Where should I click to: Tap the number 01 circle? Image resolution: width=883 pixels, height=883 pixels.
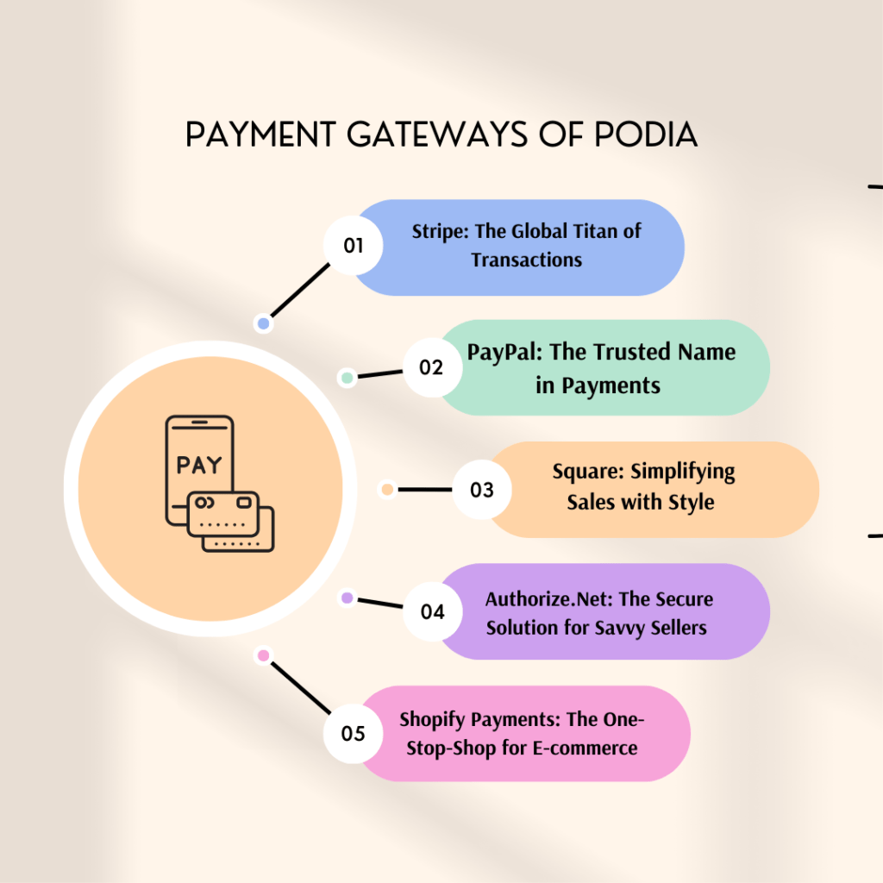coord(354,246)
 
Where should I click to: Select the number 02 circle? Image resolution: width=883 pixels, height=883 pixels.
coord(430,368)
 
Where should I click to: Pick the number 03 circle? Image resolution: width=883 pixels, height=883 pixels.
coord(482,490)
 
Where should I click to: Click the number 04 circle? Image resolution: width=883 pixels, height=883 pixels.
coord(432,612)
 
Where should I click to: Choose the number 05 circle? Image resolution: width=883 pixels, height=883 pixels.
coord(354,734)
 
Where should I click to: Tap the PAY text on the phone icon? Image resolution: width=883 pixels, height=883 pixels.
coord(199,465)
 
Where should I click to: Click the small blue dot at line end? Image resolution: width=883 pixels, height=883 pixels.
coord(263,324)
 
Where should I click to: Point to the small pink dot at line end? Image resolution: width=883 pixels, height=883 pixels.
coord(263,656)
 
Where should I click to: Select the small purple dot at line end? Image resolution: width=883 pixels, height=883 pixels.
coord(347,597)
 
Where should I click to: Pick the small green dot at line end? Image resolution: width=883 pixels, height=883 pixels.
coord(347,378)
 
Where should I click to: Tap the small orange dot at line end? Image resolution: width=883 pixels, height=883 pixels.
coord(387,490)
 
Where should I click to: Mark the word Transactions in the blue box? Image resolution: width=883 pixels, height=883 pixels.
coord(527,260)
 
